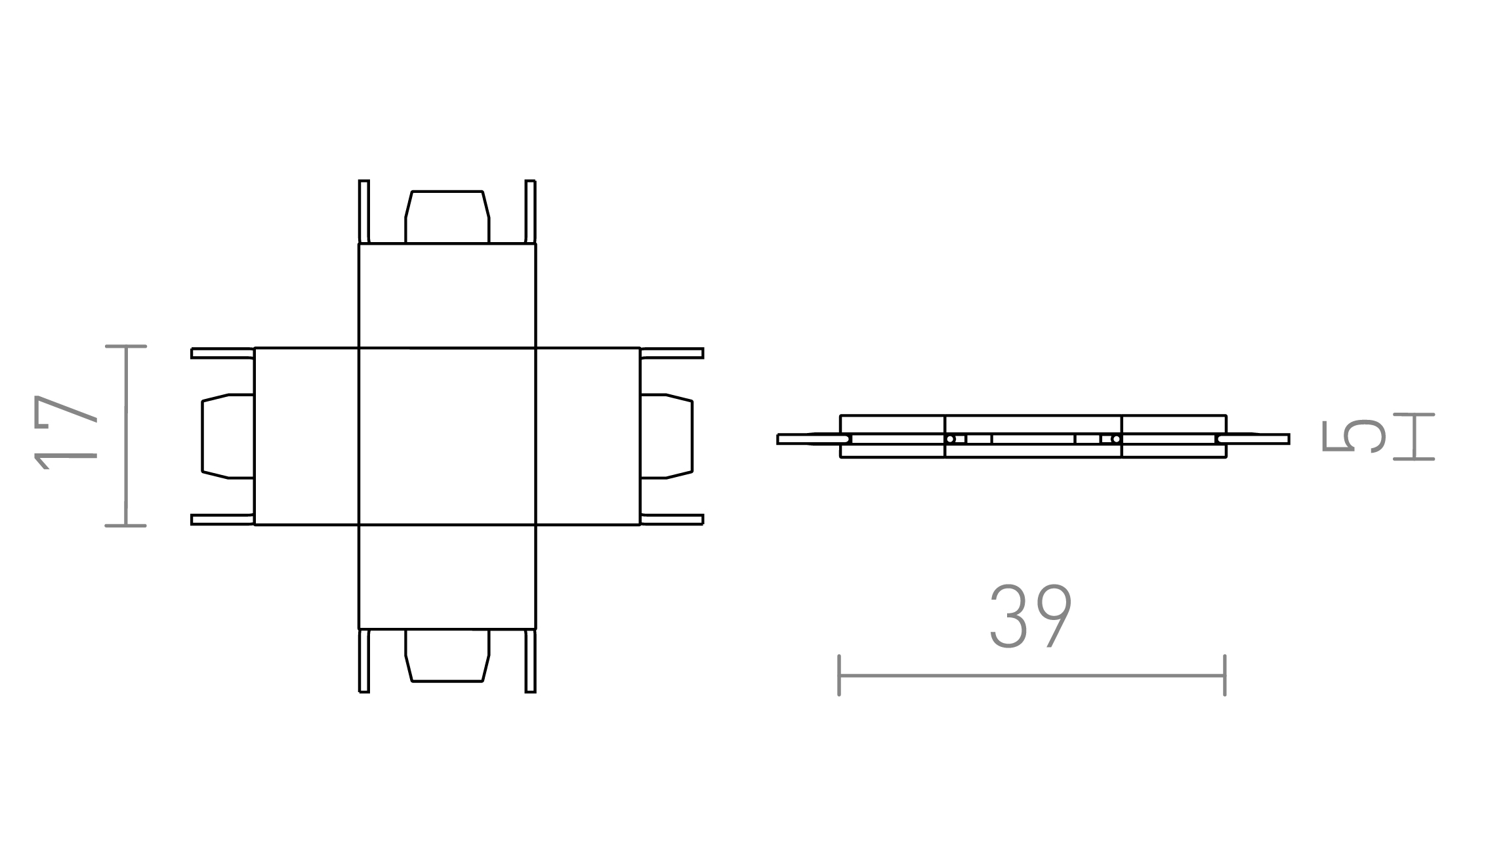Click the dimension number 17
pos(66,432)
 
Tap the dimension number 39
pos(1031,616)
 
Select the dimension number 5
pos(1353,436)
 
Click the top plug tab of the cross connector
pos(447,217)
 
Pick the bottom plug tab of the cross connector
pos(447,655)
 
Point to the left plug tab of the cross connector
pos(228,436)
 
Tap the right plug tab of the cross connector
pos(667,436)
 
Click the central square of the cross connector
pos(447,436)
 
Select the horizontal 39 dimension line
pos(1032,675)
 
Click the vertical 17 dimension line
pos(125,436)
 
